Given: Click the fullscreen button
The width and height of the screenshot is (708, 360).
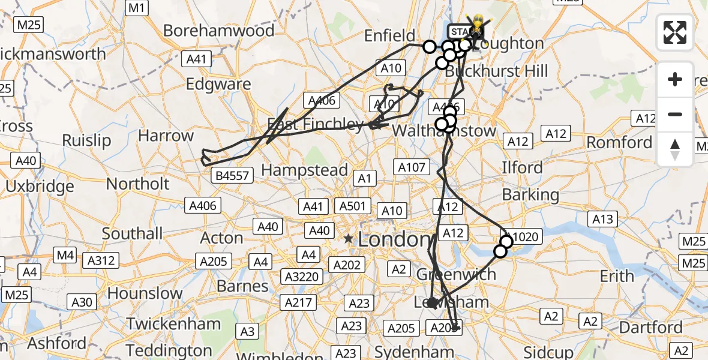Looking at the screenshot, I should [x=675, y=32].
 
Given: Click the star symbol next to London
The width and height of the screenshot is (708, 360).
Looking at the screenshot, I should [x=349, y=239].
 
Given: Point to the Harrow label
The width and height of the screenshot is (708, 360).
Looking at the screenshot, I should [x=166, y=136].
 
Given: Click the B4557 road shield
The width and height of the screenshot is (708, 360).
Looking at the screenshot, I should [x=232, y=175].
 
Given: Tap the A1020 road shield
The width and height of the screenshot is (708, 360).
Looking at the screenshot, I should [x=521, y=236].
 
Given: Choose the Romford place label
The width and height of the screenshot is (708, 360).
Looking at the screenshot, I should [x=619, y=142].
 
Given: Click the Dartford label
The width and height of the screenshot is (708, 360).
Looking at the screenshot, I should [x=650, y=328].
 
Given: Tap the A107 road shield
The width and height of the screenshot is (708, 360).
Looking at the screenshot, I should [x=410, y=167].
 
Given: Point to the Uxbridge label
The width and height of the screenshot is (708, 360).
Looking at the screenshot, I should [x=40, y=186].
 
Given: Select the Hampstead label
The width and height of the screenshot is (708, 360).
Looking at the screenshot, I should [x=305, y=170].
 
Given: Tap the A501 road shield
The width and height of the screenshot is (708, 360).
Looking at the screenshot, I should [x=352, y=206].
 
